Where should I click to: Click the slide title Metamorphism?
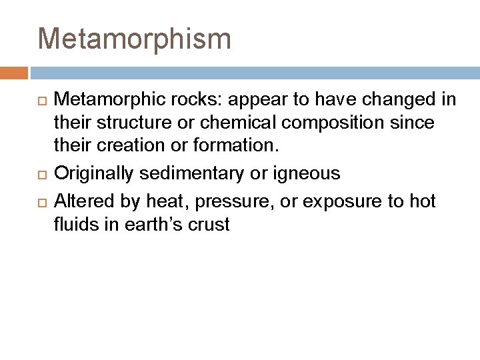point(135,39)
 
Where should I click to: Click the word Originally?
point(93,174)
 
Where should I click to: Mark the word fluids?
point(75,224)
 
